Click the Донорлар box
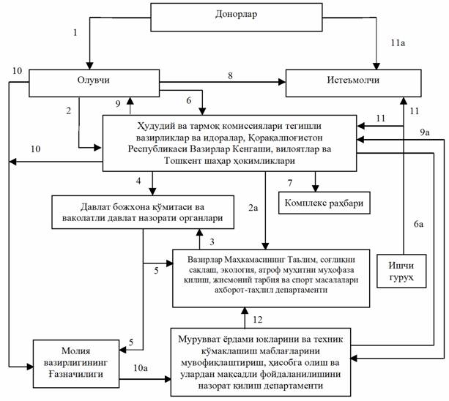coord(237,15)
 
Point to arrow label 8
coord(229,75)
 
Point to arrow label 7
coord(290,181)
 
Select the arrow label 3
coord(212,241)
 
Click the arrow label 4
coord(138,181)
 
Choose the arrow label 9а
coord(423,130)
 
